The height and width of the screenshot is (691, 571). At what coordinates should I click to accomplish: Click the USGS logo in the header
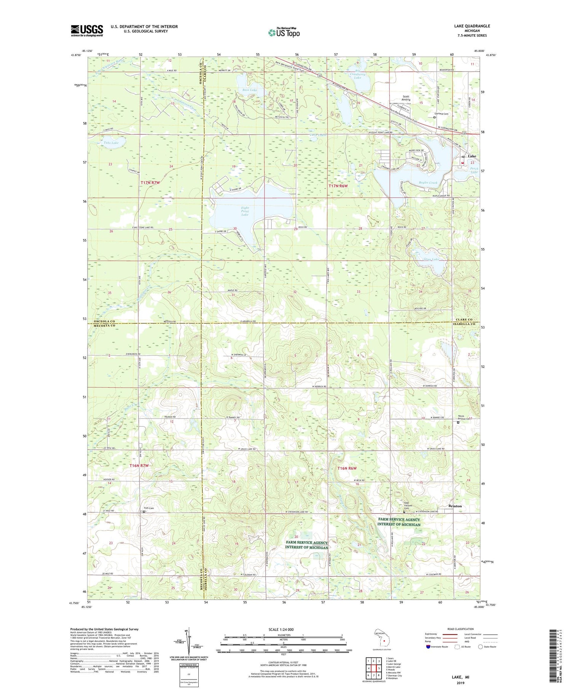[87, 30]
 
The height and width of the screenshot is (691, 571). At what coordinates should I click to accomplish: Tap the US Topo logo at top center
[284, 32]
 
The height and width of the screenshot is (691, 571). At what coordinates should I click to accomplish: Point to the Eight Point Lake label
[245, 212]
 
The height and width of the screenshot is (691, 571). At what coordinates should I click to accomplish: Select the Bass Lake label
[250, 90]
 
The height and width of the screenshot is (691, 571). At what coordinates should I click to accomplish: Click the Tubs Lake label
[111, 143]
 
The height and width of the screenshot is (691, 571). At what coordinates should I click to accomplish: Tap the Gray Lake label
[431, 259]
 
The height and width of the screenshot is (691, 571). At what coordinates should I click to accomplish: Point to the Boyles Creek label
[429, 183]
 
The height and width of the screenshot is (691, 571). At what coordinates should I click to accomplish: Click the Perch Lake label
[474, 170]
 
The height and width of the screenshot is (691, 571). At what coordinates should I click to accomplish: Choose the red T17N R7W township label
[150, 183]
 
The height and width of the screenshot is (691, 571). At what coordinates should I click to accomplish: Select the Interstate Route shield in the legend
[428, 647]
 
